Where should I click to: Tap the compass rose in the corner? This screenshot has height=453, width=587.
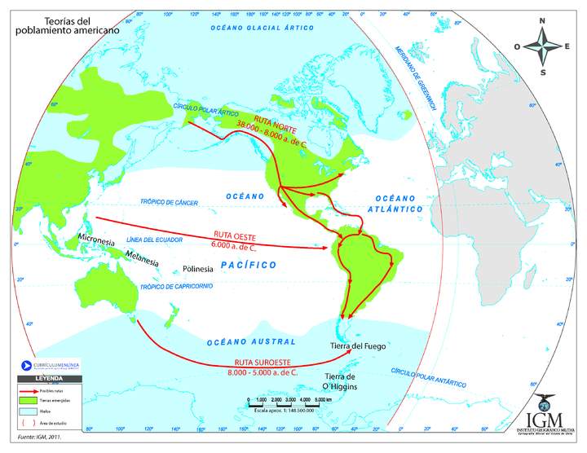[543, 46]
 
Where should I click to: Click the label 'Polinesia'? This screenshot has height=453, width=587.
[198, 268]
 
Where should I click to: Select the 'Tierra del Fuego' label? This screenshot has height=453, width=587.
[358, 346]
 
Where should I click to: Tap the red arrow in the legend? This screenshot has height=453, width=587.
[31, 392]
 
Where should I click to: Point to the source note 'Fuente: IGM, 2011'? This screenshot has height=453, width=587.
[33, 438]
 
